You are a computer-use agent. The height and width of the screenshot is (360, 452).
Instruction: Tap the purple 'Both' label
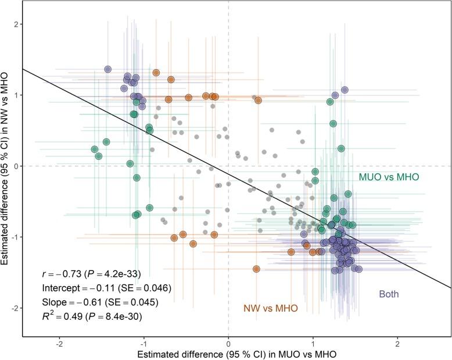pos(389,294)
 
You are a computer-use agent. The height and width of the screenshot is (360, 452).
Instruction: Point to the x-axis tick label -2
pos(59,344)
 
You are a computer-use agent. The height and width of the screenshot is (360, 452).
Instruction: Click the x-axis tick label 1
pos(313,344)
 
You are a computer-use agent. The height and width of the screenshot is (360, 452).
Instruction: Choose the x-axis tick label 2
pos(397,344)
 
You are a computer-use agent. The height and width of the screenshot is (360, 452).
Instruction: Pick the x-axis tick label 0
pos(228,344)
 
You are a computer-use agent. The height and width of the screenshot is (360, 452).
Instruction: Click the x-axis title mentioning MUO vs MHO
pos(228,353)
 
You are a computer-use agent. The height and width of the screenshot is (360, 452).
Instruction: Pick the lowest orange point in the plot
pos(256,269)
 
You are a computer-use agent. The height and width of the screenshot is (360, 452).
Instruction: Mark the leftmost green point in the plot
pos(95,149)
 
